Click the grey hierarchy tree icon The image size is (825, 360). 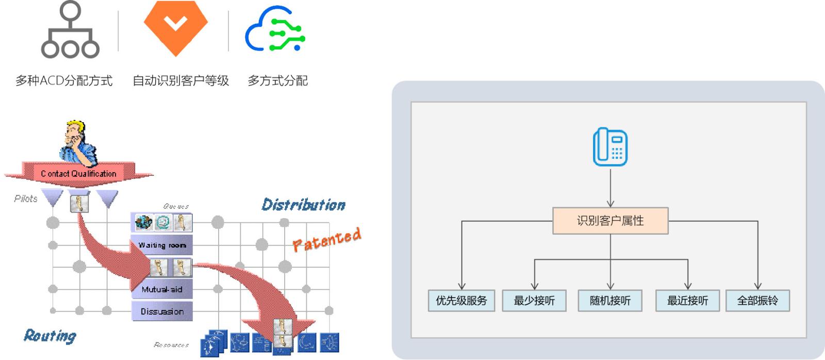point(70,30)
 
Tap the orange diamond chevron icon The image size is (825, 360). point(175,26)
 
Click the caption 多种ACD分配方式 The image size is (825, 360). point(64,81)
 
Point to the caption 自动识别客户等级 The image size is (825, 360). point(180,81)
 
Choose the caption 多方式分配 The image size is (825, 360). point(277,81)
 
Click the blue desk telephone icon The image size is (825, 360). point(610,148)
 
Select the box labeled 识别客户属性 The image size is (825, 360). point(610,221)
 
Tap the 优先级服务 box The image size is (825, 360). point(461,301)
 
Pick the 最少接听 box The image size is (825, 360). point(534,301)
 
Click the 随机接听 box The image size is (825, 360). point(610,301)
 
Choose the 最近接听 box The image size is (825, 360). point(687,301)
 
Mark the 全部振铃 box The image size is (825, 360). point(757,301)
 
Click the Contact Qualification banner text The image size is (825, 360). point(78,174)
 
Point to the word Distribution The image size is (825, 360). point(303,205)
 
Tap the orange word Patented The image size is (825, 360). point(327,240)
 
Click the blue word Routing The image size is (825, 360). point(50,336)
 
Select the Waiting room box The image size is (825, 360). point(162,246)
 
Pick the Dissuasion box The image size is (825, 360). point(162,312)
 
